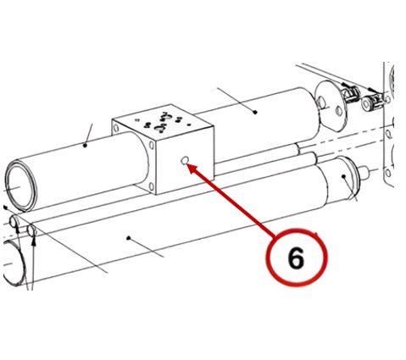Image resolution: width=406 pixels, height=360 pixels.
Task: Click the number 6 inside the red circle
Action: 296,258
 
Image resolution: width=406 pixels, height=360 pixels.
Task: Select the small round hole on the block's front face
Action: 185,160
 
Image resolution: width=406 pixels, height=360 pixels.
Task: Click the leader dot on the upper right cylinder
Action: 255,112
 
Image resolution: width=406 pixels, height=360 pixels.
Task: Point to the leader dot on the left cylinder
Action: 85,146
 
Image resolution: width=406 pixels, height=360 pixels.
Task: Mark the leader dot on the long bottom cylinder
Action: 129,238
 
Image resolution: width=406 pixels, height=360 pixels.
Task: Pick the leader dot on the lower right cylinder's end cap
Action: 343,176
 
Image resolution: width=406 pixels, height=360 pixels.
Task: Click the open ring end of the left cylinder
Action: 21,186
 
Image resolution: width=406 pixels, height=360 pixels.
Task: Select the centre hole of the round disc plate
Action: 321,102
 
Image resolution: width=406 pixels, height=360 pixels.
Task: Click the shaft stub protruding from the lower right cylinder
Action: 364,171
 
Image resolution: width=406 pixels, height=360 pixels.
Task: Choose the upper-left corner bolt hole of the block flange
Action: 116,129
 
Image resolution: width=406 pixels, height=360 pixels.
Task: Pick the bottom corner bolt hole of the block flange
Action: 152,186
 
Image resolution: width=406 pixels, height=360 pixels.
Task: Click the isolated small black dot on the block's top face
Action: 189,124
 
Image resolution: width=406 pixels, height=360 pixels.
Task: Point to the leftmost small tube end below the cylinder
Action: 14,221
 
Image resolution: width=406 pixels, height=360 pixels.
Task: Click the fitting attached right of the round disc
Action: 350,93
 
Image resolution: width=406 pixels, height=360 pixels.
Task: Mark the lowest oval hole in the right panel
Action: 389,173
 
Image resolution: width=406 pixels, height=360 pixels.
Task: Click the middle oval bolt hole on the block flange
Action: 152,146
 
